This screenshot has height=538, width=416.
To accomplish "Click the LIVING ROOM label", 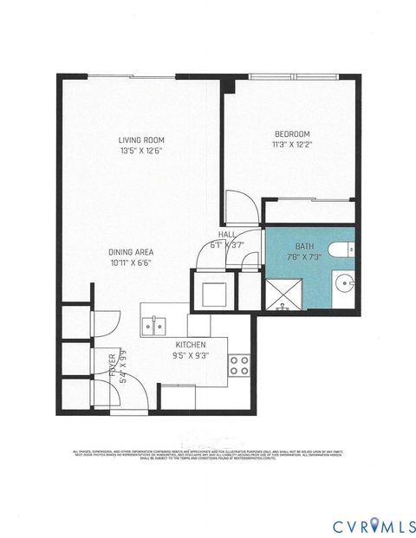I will [x=142, y=139].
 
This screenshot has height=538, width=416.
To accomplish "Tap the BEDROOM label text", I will [x=292, y=133].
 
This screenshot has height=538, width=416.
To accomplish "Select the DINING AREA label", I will [x=133, y=251].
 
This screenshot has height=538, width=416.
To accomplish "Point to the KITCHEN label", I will [x=190, y=344].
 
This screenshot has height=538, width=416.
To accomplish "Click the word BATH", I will [x=306, y=246].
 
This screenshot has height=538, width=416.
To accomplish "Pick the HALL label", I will [x=228, y=234].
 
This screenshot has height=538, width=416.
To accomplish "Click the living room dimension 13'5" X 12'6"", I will [x=142, y=151].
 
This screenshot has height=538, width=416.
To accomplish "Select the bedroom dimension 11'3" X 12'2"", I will [x=292, y=145].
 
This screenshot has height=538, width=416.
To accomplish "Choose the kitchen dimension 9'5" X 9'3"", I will [x=190, y=355].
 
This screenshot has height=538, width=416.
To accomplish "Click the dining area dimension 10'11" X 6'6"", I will [x=133, y=263].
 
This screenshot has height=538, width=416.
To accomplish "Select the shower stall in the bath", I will [x=281, y=295].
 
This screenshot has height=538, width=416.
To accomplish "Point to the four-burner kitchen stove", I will [x=239, y=365].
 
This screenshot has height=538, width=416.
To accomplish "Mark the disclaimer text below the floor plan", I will [x=207, y=455].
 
